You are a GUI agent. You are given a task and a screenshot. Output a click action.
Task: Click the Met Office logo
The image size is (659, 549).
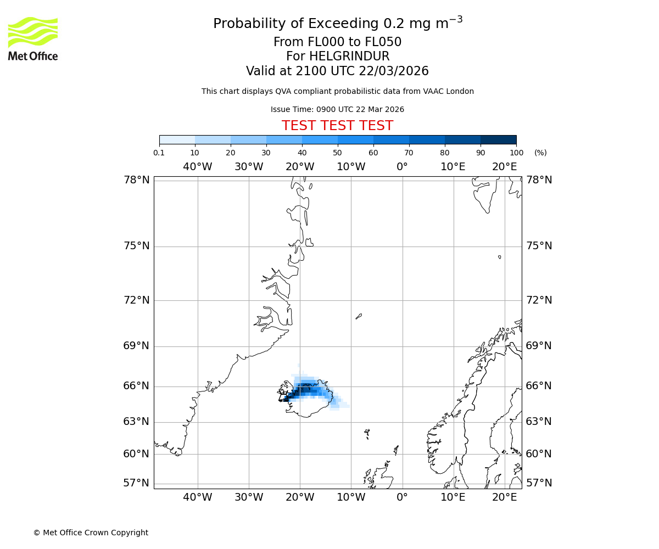point(33,38)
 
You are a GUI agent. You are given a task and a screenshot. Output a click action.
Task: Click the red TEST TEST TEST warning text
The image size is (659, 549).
point(337,126)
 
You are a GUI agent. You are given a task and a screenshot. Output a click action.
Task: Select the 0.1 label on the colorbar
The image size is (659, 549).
point(159,153)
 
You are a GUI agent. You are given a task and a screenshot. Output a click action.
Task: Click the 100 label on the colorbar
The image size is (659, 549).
point(516,153)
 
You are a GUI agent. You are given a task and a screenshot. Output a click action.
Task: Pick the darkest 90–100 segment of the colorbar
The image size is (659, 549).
point(498,139)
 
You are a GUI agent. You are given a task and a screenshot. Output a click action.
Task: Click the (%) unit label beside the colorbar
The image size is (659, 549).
point(540,153)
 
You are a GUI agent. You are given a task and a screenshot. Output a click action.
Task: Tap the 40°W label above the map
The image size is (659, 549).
point(197,167)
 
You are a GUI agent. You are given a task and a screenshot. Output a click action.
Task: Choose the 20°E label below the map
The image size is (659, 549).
point(504,497)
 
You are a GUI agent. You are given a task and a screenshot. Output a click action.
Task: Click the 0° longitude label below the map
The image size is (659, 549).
point(402,497)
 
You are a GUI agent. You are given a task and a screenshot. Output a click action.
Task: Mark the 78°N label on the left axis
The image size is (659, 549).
point(136,180)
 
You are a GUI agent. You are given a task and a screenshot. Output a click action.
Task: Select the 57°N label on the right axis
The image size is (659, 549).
point(539,483)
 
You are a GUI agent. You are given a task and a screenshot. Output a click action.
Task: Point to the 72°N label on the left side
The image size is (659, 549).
point(136,300)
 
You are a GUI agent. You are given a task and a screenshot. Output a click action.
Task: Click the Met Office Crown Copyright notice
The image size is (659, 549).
point(91,533)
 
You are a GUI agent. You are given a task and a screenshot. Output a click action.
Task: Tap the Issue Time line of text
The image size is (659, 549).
point(337,110)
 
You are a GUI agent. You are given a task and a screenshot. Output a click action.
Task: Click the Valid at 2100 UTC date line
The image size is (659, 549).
point(337,71)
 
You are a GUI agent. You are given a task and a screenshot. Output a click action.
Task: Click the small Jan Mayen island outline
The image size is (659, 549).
point(359,316)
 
